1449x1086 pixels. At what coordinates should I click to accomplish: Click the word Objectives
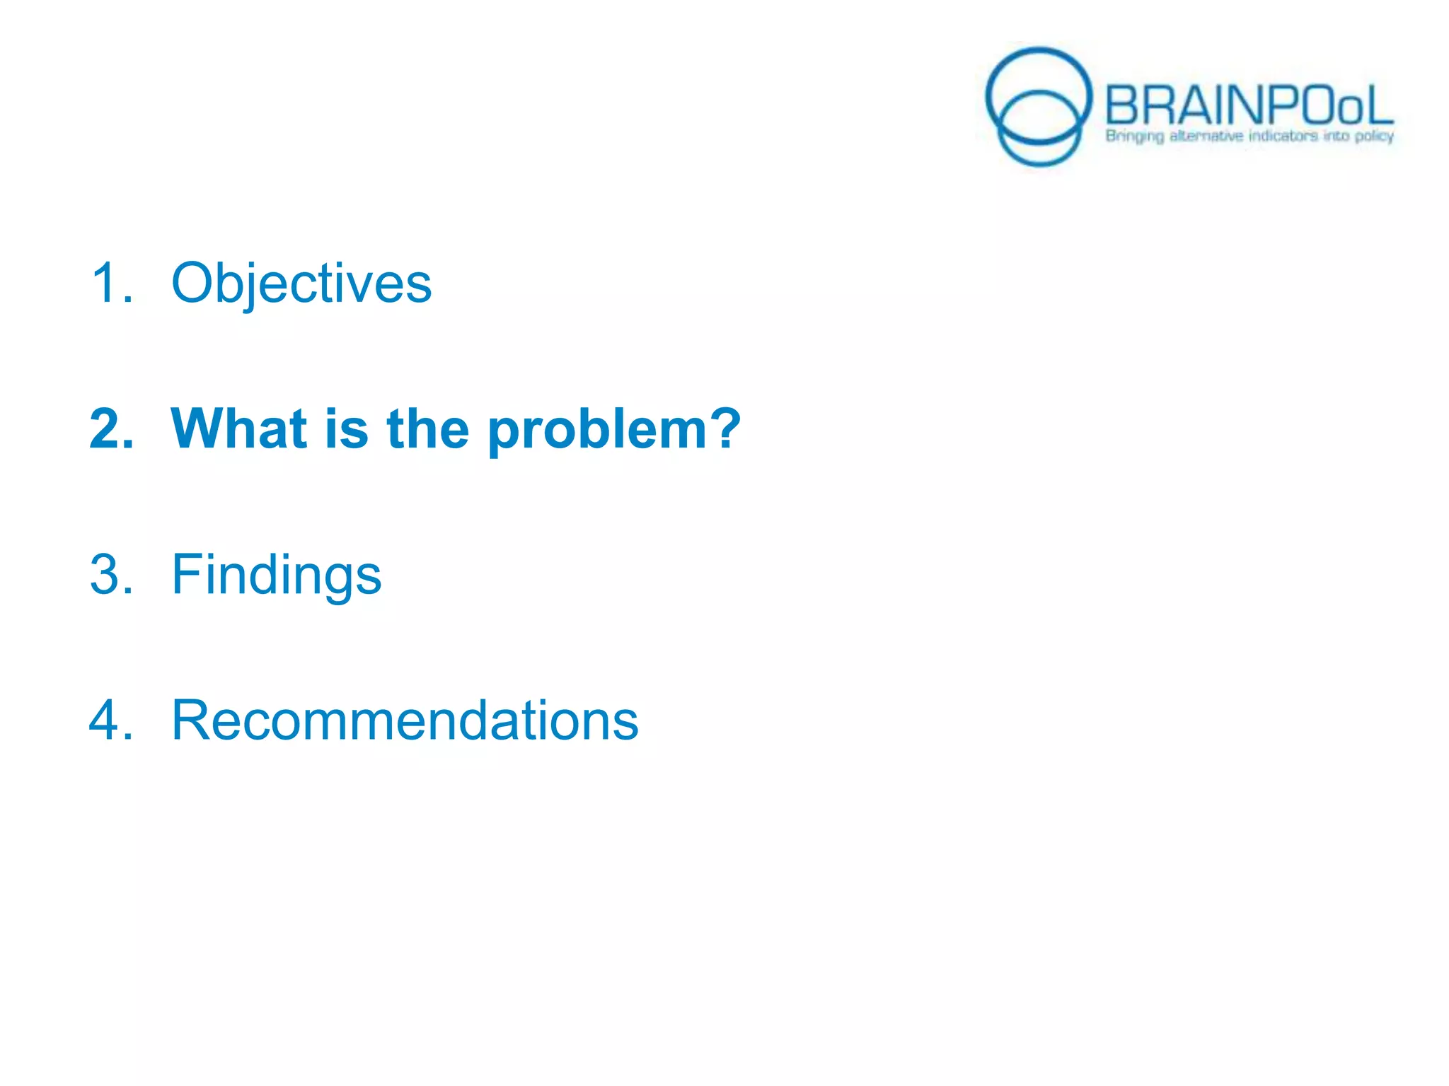tap(301, 283)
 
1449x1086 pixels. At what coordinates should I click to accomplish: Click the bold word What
tap(238, 428)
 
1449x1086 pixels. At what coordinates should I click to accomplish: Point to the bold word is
tap(347, 428)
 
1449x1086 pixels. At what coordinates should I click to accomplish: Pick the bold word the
tap(428, 428)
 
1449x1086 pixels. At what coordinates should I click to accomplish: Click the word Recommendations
tap(405, 720)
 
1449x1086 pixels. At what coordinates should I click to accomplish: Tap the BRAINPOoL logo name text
tap(1248, 106)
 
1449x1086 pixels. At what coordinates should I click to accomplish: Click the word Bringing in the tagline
tap(1134, 136)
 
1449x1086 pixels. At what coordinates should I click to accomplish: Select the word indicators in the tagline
tap(1283, 135)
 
